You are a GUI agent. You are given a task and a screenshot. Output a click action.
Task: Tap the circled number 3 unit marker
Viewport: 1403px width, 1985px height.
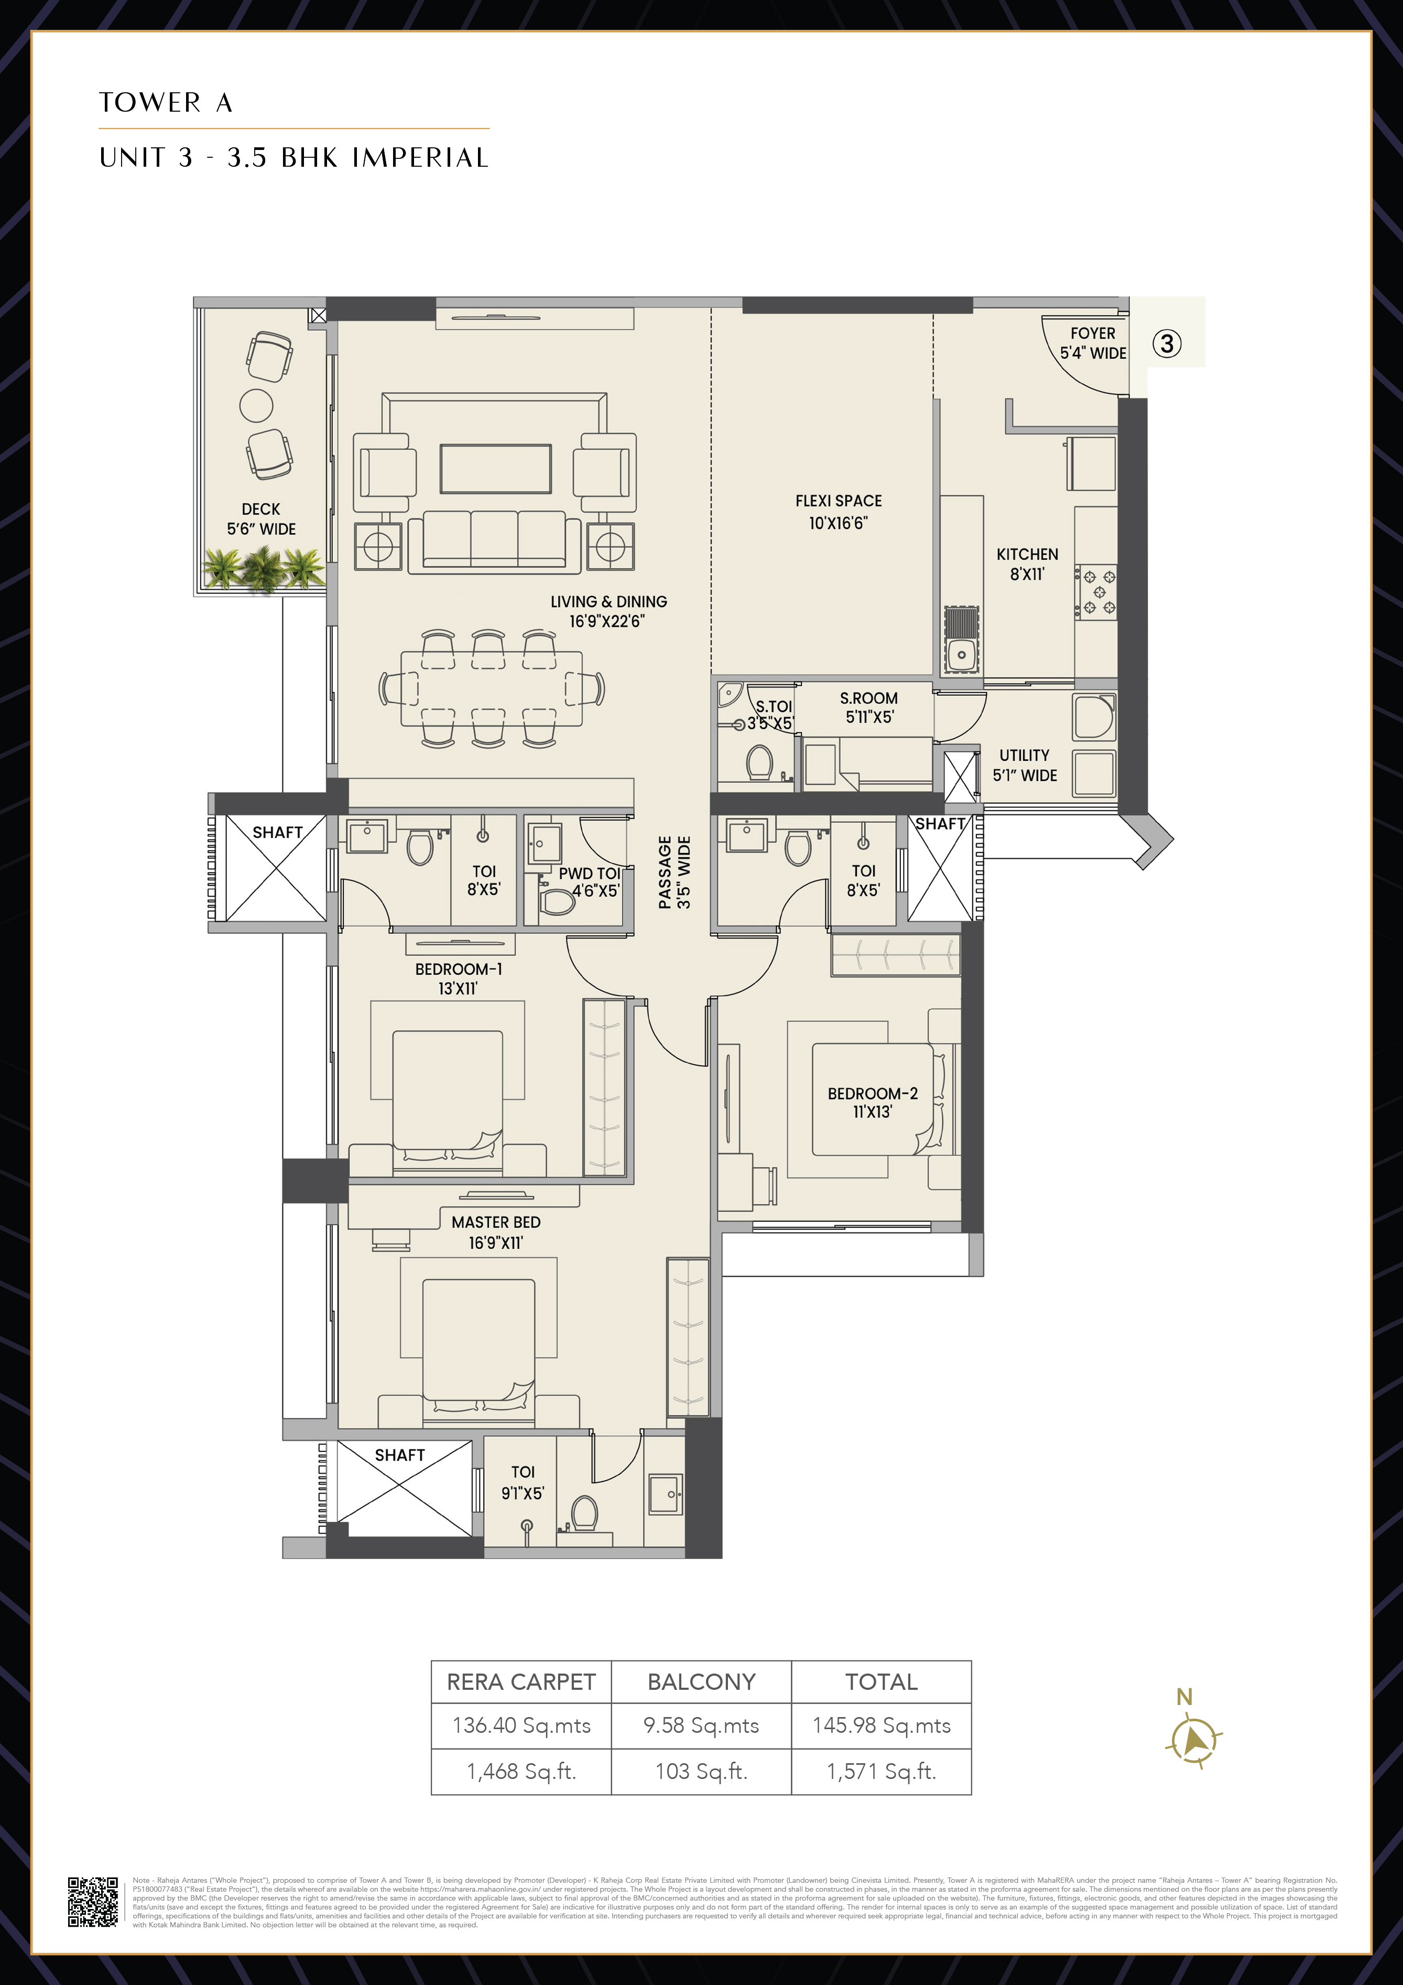1166,344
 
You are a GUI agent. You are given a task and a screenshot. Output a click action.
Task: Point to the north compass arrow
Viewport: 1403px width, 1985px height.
1194,1739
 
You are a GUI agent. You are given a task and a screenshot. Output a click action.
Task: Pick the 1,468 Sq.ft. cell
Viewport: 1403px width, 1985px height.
521,1772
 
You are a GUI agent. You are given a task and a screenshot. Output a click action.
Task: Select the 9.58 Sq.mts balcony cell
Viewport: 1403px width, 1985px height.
701,1725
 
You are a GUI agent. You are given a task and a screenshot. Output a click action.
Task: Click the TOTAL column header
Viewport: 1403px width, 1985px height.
881,1681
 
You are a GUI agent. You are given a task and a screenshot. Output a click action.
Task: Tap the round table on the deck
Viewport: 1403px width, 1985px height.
257,405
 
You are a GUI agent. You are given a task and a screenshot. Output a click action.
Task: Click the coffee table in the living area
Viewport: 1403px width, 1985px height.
495,469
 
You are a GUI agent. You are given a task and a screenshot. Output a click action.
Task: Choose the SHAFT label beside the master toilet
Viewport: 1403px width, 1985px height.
399,1455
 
